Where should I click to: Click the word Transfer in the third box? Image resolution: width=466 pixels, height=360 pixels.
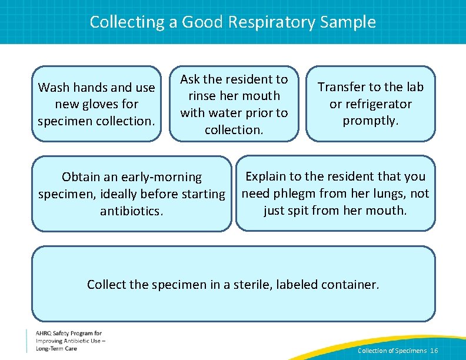pos(342,87)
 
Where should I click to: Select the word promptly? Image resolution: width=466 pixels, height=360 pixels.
pos(371,121)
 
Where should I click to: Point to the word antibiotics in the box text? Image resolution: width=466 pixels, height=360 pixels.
pos(131,211)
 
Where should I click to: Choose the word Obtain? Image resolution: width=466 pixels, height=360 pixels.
pos(81,177)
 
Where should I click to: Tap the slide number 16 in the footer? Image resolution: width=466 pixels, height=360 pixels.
pos(434,351)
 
